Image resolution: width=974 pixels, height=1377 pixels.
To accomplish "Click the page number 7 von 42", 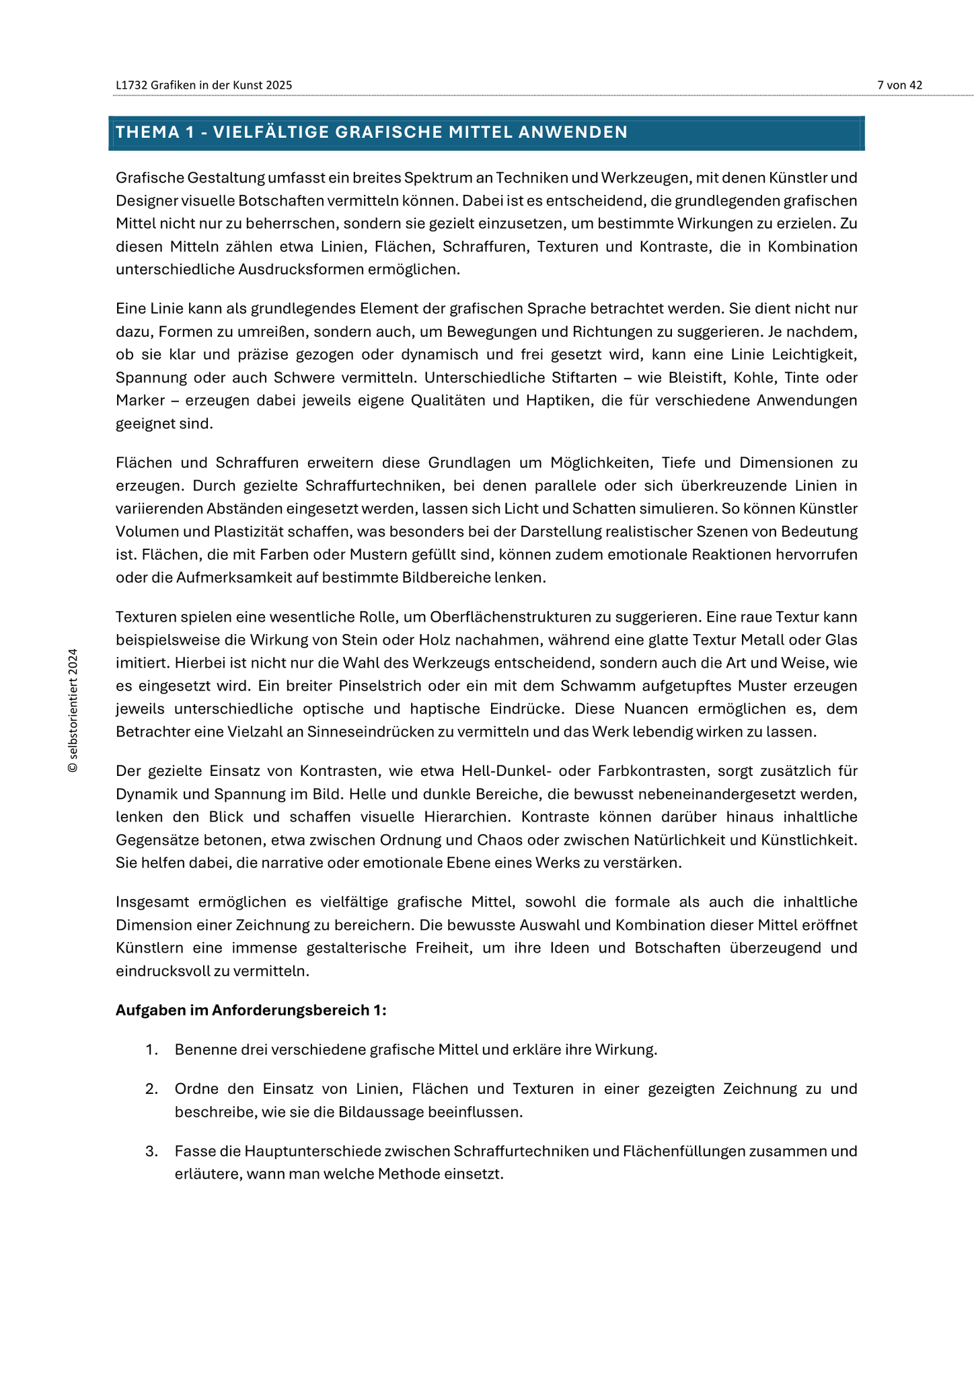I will pyautogui.click(x=899, y=85).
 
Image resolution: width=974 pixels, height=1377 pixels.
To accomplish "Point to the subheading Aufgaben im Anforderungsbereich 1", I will pyautogui.click(x=251, y=1011).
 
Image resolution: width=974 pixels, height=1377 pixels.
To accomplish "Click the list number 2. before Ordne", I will pyautogui.click(x=151, y=1089).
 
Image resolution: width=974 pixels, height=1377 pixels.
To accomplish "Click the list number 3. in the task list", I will pyautogui.click(x=151, y=1151).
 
